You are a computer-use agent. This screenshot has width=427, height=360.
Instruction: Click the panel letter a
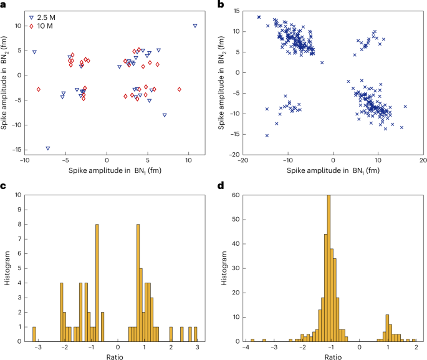(x=4, y=4)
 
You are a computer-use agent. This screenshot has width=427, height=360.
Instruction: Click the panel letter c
(x=4, y=187)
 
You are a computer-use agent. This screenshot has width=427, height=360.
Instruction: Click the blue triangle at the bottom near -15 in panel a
(x=48, y=148)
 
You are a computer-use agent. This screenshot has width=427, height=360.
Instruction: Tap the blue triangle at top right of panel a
(x=195, y=26)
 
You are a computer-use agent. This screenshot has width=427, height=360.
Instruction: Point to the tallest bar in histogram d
(x=329, y=268)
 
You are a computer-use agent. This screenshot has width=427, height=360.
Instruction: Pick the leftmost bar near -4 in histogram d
(x=252, y=341)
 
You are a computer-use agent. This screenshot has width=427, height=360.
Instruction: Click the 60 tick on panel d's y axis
(x=237, y=195)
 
